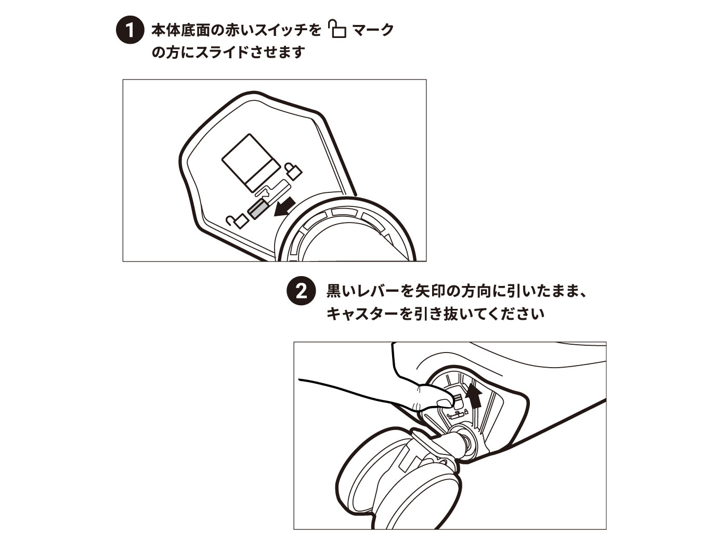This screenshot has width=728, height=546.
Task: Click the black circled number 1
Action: (130, 30)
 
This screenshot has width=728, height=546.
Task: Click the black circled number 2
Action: (301, 290)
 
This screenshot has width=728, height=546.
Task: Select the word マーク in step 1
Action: (373, 30)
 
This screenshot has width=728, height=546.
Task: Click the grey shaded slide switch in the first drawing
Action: (256, 211)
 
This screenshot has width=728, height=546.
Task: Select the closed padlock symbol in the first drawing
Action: (293, 171)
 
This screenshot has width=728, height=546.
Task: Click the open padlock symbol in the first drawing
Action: (238, 221)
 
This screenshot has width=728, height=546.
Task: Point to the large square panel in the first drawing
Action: (251, 163)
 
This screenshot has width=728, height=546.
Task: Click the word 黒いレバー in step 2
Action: (363, 291)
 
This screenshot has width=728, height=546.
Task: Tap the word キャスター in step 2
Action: (362, 313)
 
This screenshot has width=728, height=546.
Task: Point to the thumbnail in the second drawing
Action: (445, 404)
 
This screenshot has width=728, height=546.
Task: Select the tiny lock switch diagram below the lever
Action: (457, 414)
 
